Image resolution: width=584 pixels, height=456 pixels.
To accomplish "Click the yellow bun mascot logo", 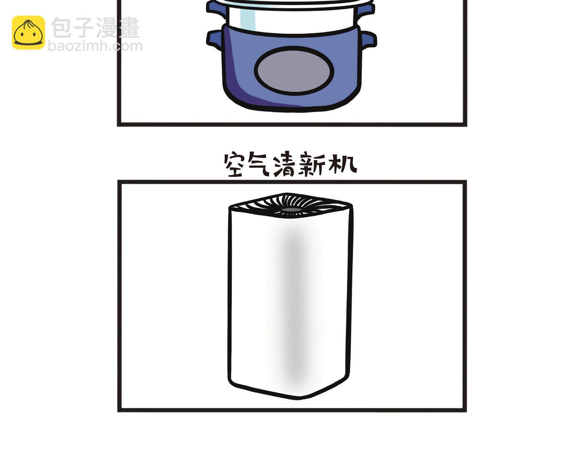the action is (28, 32).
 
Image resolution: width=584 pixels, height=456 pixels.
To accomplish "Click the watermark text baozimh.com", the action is (95, 46).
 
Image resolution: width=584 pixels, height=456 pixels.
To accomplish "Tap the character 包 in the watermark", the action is (62, 27).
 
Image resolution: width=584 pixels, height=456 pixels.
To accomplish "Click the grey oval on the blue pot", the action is (294, 71).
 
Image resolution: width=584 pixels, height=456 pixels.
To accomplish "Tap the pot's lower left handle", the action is (215, 40).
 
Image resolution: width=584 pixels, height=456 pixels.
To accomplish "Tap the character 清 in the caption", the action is (284, 165).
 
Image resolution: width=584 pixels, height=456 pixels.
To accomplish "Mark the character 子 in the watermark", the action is (84, 27).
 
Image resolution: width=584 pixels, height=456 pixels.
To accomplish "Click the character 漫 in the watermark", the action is (107, 27).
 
